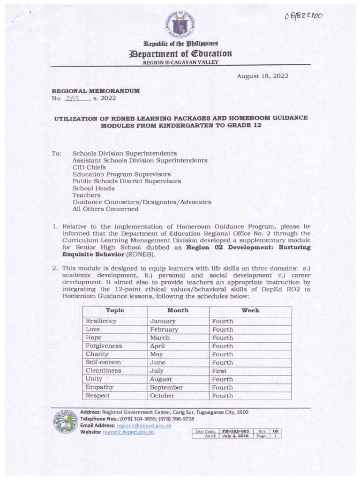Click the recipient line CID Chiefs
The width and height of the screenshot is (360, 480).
click(89, 167)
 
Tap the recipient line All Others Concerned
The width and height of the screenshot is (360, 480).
click(105, 209)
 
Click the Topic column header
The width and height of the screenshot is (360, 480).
click(115, 310)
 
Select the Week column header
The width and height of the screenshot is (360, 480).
click(250, 310)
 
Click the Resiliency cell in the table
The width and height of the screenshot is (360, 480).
click(101, 321)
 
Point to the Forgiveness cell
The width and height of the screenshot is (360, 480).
click(104, 346)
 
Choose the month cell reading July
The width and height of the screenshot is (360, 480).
click(157, 370)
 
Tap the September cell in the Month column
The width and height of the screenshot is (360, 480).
click(166, 387)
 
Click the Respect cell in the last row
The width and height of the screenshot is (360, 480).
click(98, 396)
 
